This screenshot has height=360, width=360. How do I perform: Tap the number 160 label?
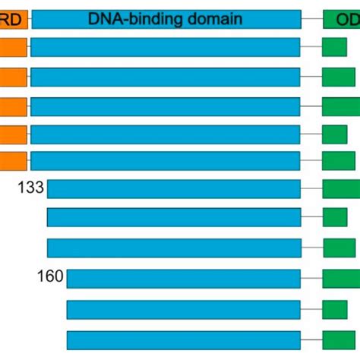49,277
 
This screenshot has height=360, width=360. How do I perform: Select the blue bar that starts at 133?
174,189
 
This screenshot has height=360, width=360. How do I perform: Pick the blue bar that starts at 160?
184,278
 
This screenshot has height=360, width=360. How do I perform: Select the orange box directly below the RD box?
13,48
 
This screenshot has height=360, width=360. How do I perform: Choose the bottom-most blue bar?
184,339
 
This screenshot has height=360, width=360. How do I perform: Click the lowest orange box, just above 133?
13,160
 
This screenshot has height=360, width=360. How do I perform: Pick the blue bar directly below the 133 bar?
174,217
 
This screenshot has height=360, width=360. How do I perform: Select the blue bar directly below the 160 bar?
184,309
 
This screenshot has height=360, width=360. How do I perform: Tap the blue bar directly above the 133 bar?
166,160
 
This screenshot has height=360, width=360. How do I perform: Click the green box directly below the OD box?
334,48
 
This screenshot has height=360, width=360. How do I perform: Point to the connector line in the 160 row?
311,279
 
